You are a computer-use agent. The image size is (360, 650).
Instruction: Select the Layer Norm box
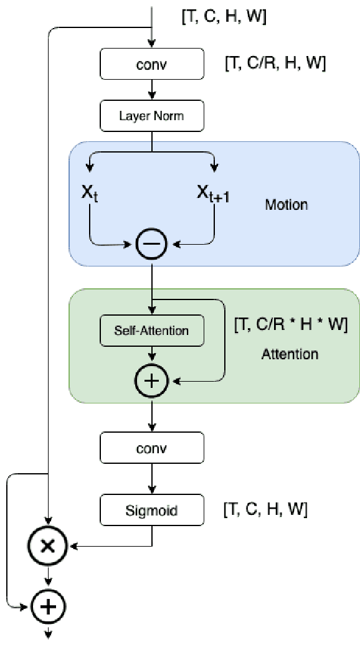tap(151, 115)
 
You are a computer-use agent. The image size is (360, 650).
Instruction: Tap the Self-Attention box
tap(151, 330)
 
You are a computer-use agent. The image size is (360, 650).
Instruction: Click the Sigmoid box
tap(151, 511)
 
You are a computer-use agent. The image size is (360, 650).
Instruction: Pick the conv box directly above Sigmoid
tap(151, 448)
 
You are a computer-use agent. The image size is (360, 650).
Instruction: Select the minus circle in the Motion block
tap(151, 244)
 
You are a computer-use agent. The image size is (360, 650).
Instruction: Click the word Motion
tap(286, 204)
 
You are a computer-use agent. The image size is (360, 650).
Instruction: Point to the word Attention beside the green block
tap(290, 354)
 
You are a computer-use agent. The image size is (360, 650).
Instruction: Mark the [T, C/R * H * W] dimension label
tap(290, 324)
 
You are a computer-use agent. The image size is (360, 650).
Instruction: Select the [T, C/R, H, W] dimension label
tap(275, 62)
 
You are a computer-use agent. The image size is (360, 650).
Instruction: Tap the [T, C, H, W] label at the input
tap(223, 17)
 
